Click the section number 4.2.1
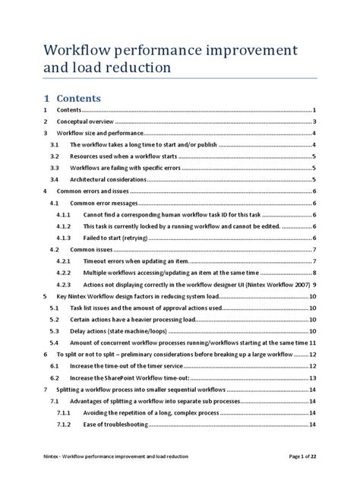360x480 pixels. point(63,261)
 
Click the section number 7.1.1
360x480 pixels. point(63,412)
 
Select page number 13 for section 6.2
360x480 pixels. point(312,377)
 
